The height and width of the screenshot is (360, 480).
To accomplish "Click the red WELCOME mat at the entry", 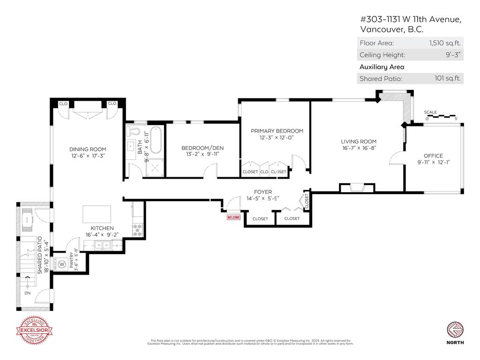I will [233, 217].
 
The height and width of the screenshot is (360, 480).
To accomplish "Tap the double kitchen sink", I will [101, 245].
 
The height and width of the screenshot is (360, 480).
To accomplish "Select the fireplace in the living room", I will [357, 188].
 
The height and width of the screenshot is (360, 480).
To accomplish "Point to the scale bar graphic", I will [441, 117].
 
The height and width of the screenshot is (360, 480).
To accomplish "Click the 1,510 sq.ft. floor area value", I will [445, 43].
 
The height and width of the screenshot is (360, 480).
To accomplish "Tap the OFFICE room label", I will [433, 156].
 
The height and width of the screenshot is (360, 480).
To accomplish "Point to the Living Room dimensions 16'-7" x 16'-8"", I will [359, 148].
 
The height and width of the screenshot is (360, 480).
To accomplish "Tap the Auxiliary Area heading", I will [382, 67].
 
